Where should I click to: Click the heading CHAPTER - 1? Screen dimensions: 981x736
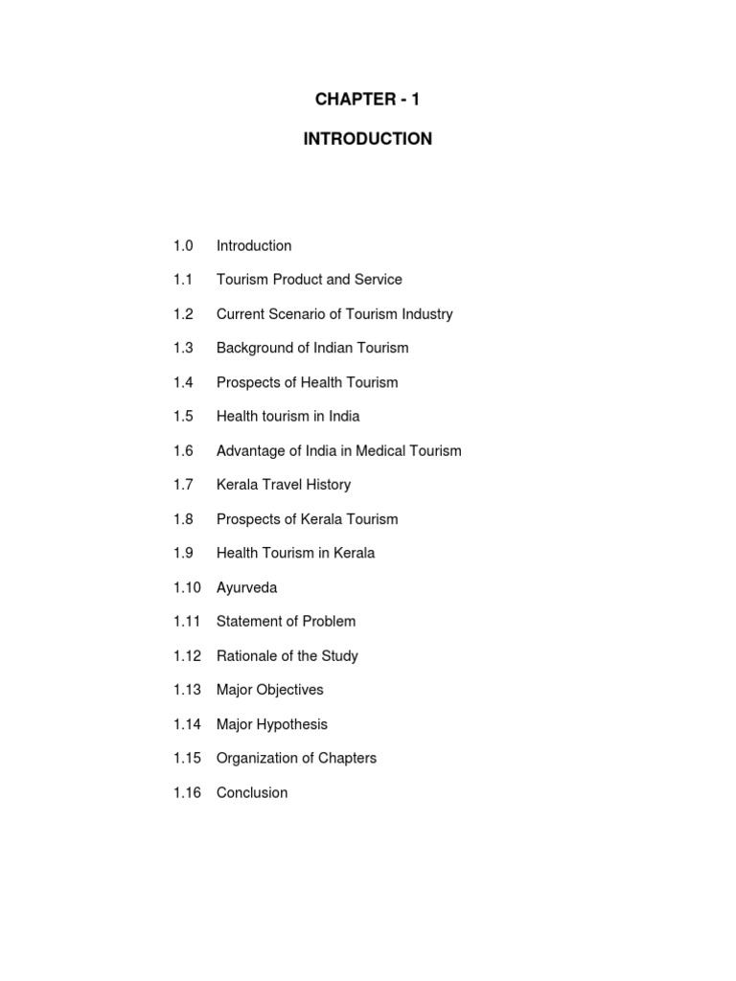(367, 100)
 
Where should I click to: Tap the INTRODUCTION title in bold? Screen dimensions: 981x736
(367, 139)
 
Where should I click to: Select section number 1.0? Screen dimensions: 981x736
(183, 246)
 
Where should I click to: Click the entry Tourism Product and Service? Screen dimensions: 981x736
(309, 280)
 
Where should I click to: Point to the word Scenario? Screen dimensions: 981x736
(297, 314)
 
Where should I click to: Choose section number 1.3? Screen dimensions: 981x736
(183, 349)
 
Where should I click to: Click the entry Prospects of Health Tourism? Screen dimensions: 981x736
(307, 382)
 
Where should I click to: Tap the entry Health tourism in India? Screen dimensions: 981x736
(287, 417)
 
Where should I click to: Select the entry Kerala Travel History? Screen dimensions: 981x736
(283, 485)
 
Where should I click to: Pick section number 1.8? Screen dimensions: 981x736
(183, 519)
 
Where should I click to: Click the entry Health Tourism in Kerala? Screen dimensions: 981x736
(295, 553)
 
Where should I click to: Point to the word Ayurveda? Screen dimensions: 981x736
(247, 587)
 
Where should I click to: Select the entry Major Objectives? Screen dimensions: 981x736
(269, 690)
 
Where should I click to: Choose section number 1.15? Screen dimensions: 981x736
(187, 759)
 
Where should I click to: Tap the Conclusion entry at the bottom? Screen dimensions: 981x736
(251, 793)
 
